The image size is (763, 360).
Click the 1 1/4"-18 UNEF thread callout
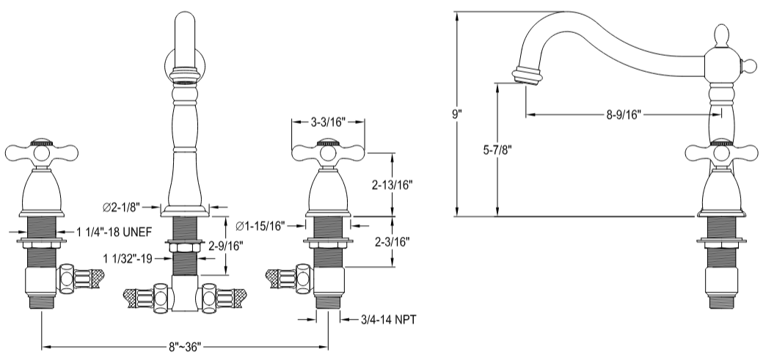(x=114, y=232)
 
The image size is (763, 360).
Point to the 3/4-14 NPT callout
(x=388, y=319)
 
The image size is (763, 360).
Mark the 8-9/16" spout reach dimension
(x=624, y=114)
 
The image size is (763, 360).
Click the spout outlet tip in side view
(x=527, y=76)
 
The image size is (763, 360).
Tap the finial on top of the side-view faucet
(x=720, y=34)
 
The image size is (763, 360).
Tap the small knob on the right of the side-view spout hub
(x=751, y=67)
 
